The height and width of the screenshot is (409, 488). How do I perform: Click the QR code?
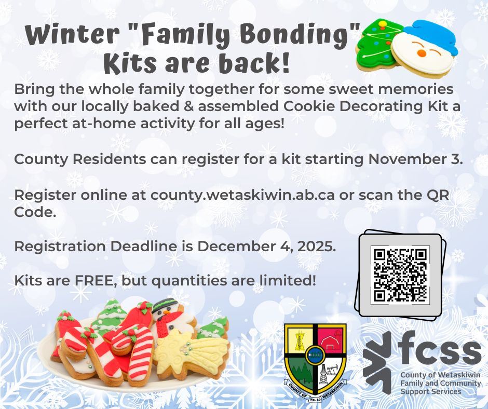click(x=400, y=275)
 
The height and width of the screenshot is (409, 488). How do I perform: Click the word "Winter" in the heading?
click(x=73, y=35)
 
